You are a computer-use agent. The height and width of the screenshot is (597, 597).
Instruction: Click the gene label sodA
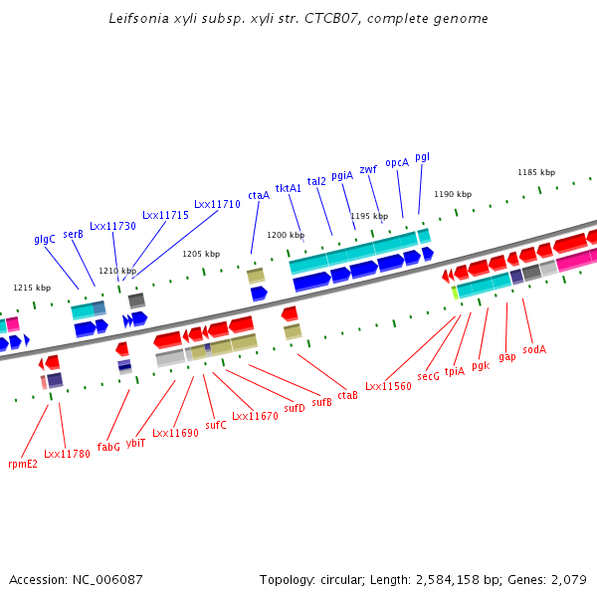(x=534, y=349)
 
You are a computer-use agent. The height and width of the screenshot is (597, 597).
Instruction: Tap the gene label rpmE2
(x=23, y=464)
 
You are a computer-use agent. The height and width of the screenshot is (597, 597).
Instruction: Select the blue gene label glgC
(x=45, y=239)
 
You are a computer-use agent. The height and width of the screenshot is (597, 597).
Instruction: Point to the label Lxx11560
(x=388, y=386)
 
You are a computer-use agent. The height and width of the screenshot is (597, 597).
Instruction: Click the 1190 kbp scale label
(x=453, y=194)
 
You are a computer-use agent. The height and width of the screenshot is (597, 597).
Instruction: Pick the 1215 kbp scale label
(x=32, y=288)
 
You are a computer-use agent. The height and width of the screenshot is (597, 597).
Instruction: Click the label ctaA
(x=259, y=195)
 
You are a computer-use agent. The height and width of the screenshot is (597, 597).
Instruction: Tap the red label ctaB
(x=347, y=396)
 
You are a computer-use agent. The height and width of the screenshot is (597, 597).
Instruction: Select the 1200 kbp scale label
(x=286, y=235)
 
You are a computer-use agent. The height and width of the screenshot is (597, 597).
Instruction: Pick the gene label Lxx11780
(x=67, y=454)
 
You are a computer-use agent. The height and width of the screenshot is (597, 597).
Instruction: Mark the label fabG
(x=108, y=447)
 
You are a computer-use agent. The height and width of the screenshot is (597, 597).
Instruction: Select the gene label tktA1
(x=289, y=188)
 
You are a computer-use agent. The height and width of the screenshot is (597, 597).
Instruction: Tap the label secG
(x=429, y=376)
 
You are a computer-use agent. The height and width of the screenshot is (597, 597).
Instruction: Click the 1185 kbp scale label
(x=535, y=172)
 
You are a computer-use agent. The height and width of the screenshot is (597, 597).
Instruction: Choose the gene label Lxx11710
(x=217, y=204)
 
